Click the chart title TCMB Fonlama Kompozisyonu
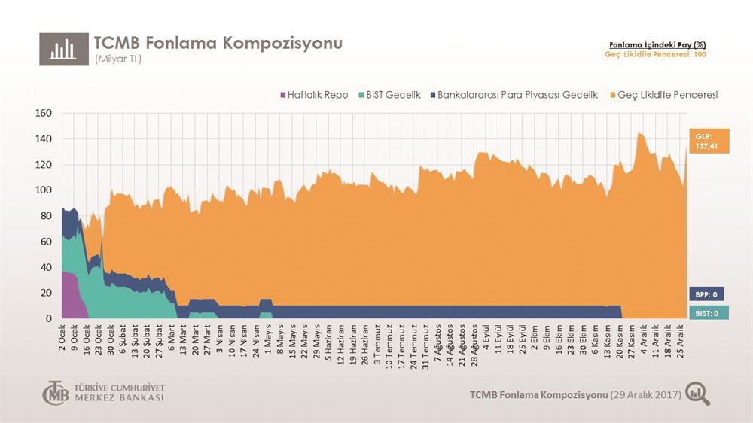(x=218, y=43)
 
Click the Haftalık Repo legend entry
(x=313, y=96)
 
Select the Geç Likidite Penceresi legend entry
(x=663, y=96)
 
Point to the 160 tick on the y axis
(x=43, y=114)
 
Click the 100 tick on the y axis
(x=43, y=190)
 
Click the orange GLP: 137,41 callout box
(x=709, y=141)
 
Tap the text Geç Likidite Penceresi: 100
(x=655, y=55)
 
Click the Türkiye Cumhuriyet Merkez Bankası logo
(x=103, y=393)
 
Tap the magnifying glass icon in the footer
(x=698, y=394)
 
